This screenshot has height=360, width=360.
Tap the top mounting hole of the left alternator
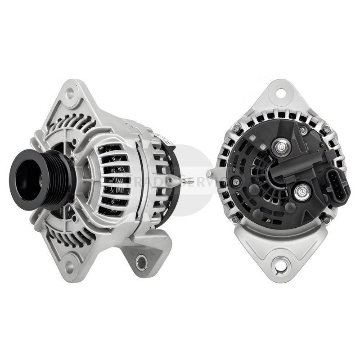point(70,94)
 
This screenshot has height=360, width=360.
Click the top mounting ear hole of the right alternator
point(281,94)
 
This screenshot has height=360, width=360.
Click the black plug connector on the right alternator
point(334,186)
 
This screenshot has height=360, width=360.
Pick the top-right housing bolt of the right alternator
point(327,129)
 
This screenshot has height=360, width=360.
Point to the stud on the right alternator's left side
point(210,174)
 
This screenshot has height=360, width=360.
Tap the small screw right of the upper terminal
point(303,131)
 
